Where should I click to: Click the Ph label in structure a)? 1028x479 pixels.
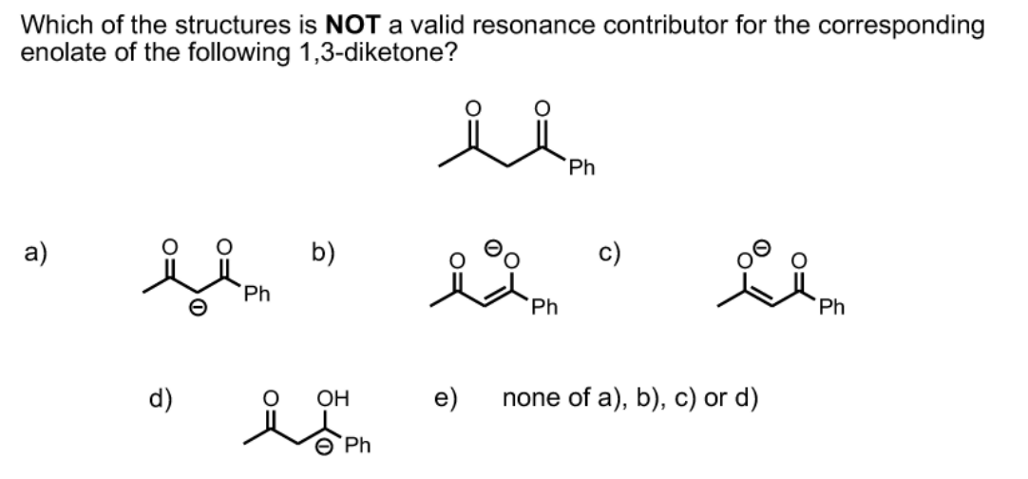pyautogui.click(x=255, y=296)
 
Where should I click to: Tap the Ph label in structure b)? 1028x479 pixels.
pyautogui.click(x=543, y=308)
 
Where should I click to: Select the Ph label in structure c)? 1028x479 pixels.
pyautogui.click(x=834, y=308)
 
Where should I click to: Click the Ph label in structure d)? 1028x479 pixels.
pyautogui.click(x=357, y=446)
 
